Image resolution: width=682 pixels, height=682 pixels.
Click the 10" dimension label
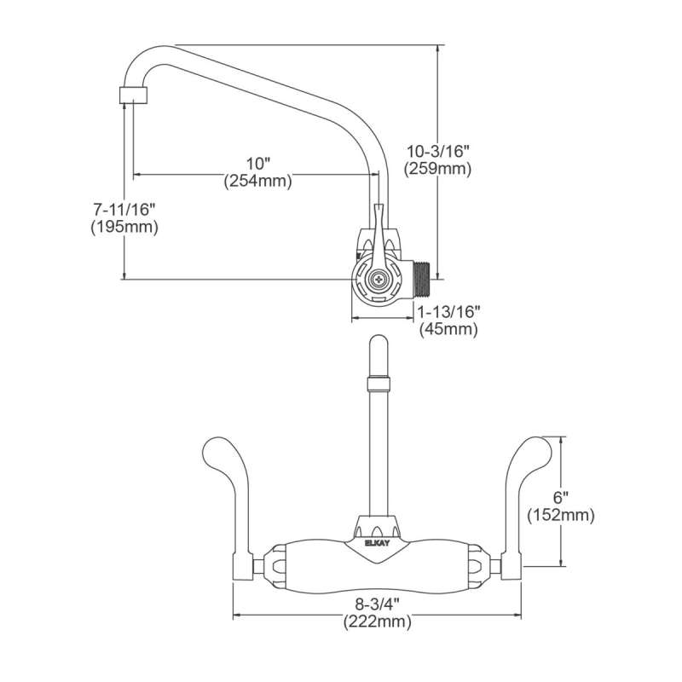(257, 163)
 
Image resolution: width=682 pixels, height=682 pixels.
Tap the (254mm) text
(257, 181)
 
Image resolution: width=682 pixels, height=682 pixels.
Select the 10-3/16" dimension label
(438, 151)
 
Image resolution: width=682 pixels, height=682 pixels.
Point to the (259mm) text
(438, 169)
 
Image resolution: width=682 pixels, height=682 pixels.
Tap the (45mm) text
(448, 330)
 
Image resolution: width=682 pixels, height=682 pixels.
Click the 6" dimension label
(559, 497)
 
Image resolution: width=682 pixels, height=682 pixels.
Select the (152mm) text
(560, 515)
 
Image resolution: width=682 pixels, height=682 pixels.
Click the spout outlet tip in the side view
(130, 93)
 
